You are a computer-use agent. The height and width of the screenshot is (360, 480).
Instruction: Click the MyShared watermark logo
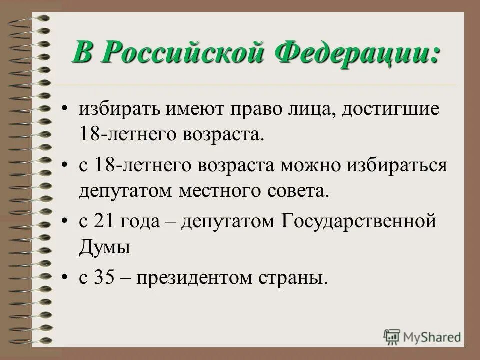423,336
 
